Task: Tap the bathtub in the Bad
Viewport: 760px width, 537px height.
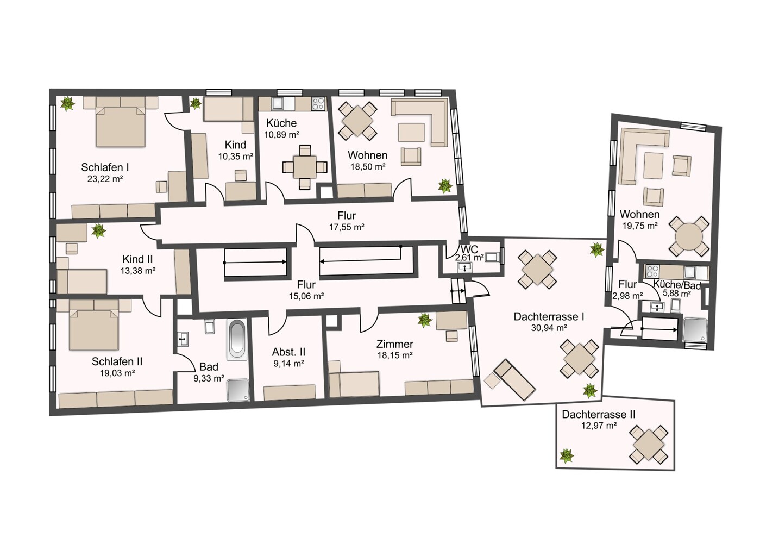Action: coord(237,340)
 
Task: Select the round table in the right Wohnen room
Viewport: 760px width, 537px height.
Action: coord(689,236)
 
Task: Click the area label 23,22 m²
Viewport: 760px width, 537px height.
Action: coord(105,179)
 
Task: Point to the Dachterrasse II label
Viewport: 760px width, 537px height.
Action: coord(599,414)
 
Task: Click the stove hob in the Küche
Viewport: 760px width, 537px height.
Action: coord(318,103)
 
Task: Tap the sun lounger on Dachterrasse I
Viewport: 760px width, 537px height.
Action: coord(514,379)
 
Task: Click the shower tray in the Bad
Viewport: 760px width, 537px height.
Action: coord(238,390)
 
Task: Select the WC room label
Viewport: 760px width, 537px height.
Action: coord(469,249)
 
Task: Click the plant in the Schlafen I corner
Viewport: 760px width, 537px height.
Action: coord(68,103)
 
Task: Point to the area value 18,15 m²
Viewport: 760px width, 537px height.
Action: coord(395,355)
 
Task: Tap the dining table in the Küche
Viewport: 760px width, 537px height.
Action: coord(305,167)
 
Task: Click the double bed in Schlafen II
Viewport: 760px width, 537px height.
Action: coord(93,329)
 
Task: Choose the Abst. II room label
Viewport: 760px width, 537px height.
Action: coord(288,352)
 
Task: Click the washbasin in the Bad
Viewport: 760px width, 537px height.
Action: coord(183,339)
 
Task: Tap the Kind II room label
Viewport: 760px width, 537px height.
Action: coord(138,259)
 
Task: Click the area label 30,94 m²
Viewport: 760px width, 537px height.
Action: coord(549,328)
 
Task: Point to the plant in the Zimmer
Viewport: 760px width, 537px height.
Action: coord(424,320)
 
